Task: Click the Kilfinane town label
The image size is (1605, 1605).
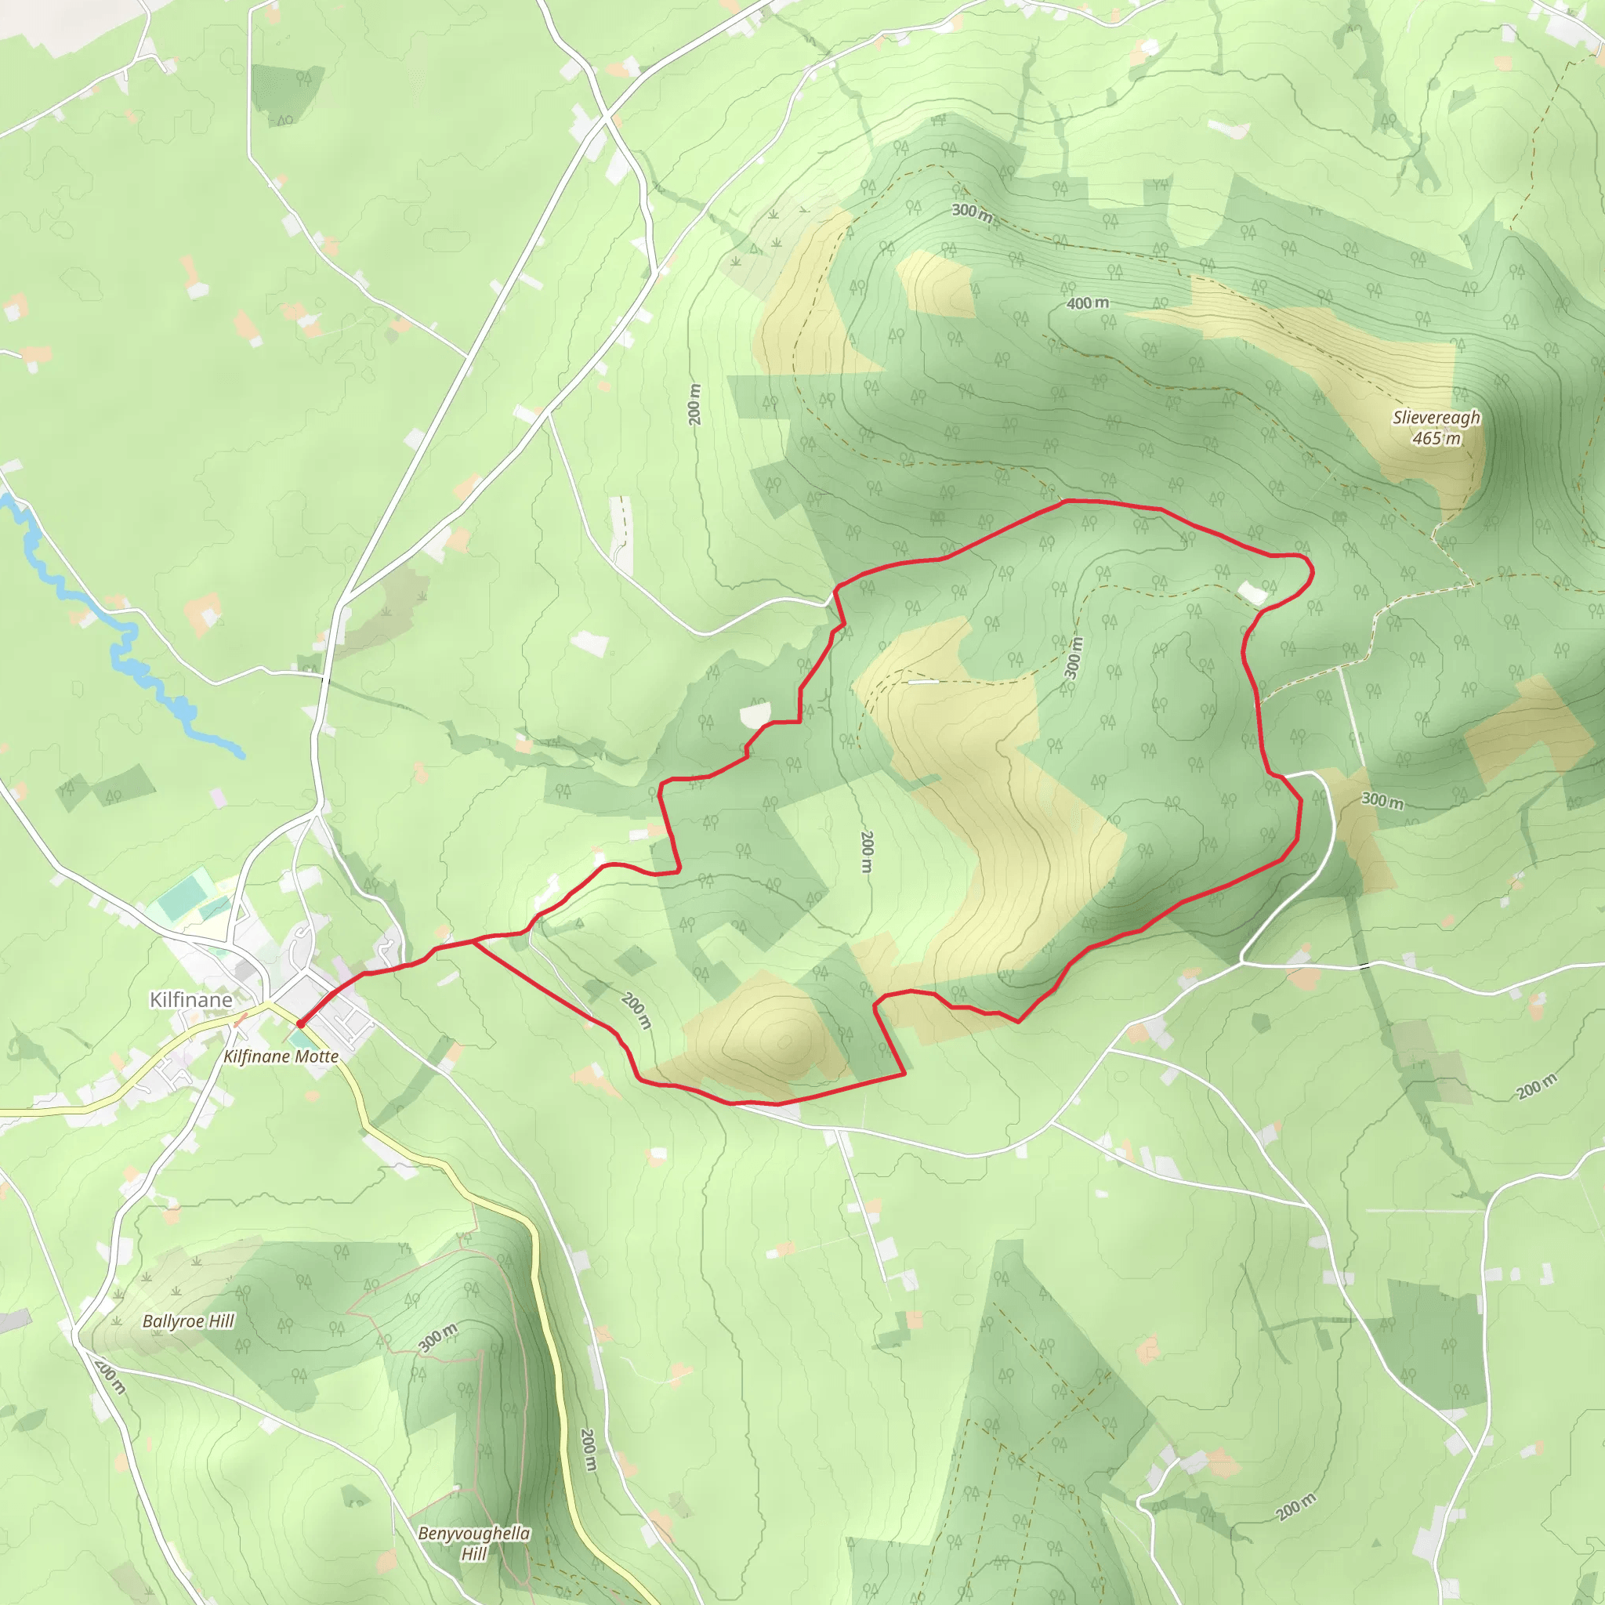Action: (190, 999)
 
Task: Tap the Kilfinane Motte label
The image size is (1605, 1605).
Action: (281, 1056)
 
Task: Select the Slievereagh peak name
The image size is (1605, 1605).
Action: (1437, 418)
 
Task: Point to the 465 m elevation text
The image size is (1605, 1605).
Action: (1437, 439)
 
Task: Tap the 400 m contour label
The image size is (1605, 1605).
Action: (1088, 303)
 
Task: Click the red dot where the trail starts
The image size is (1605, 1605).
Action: (301, 1024)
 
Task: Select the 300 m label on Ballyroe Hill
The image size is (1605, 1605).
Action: (438, 1339)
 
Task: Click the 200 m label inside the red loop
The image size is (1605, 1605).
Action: (867, 852)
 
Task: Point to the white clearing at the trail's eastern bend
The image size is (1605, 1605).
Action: (1252, 592)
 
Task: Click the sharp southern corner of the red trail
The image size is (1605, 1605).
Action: (904, 1074)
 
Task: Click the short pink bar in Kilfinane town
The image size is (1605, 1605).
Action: (240, 1020)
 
